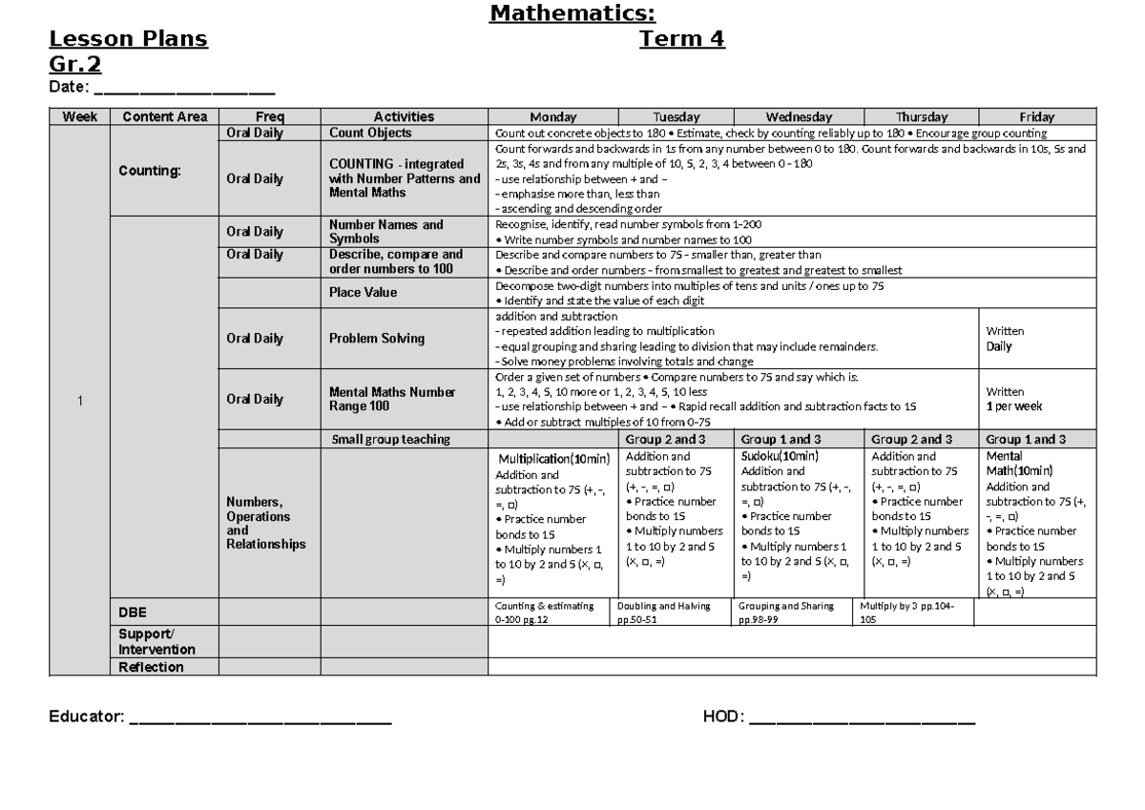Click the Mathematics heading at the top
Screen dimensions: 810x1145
click(x=572, y=13)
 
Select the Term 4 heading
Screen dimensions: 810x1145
click(x=681, y=39)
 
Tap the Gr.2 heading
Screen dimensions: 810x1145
click(x=75, y=64)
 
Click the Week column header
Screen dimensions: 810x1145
click(x=80, y=116)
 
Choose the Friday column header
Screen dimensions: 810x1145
click(x=1036, y=116)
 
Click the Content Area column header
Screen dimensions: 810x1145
click(x=165, y=116)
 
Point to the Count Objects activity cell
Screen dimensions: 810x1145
click(x=370, y=134)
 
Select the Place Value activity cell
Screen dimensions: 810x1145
click(x=363, y=292)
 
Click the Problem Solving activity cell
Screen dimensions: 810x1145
click(x=377, y=339)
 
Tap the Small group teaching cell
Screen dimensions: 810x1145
click(x=390, y=440)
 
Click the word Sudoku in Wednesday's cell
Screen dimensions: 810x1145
click(x=760, y=457)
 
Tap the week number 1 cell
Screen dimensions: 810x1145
click(x=80, y=401)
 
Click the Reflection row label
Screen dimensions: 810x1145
click(x=151, y=667)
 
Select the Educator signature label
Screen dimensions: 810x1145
click(x=86, y=717)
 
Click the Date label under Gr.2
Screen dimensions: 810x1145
click(x=69, y=88)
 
